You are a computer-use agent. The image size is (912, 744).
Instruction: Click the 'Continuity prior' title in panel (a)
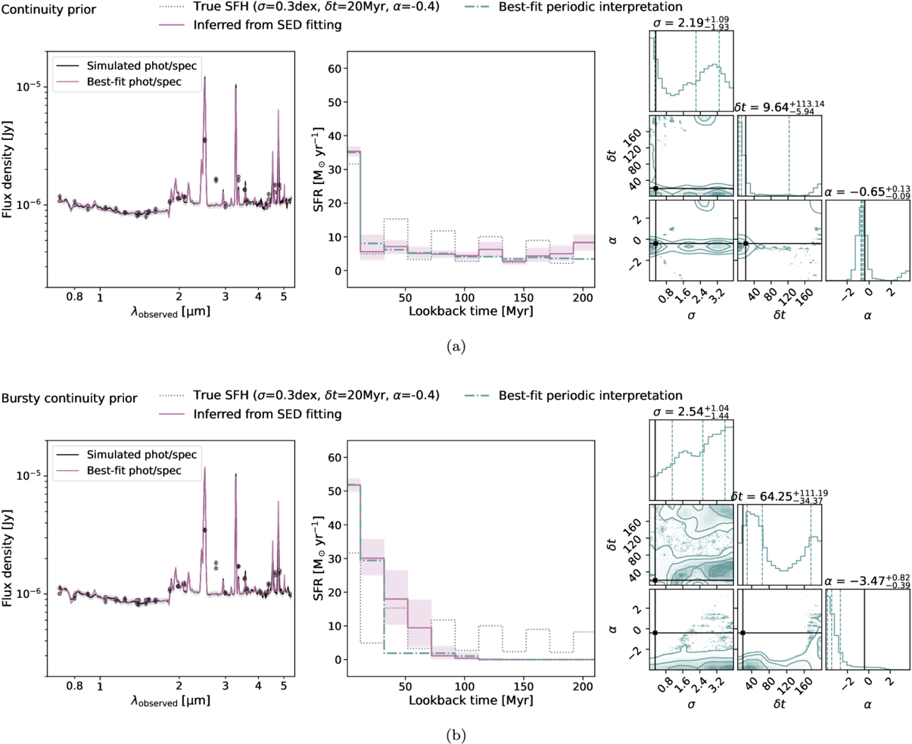(x=48, y=8)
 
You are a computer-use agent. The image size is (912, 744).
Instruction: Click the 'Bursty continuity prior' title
(x=70, y=397)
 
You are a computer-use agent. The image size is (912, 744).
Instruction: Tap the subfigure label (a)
(x=456, y=346)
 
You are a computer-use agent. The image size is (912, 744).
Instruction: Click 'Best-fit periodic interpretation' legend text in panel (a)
(x=590, y=7)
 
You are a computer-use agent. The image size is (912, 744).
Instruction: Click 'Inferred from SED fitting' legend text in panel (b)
(x=267, y=414)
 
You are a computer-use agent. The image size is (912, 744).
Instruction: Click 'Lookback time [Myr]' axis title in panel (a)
(x=470, y=311)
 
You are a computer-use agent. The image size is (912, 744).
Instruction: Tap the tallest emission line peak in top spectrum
(x=204, y=78)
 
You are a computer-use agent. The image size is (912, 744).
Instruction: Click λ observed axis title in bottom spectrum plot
(x=170, y=701)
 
